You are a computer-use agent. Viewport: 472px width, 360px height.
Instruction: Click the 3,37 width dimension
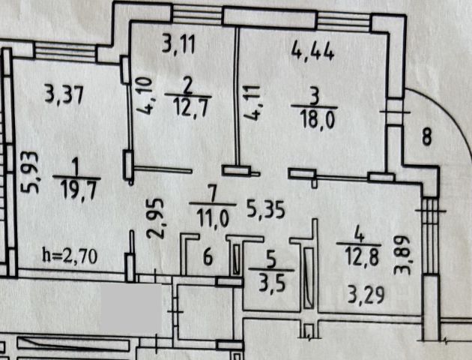click(62, 95)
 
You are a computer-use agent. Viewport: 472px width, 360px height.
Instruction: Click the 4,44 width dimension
click(311, 52)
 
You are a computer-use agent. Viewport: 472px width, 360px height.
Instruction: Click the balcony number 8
click(426, 137)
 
